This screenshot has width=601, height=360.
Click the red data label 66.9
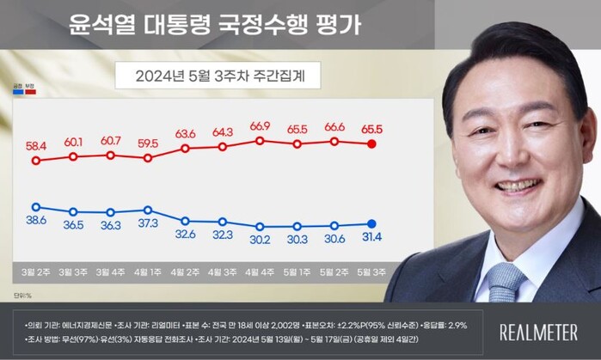[x=260, y=126]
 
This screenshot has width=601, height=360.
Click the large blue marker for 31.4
[x=371, y=224]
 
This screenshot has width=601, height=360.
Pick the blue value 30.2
[x=260, y=240]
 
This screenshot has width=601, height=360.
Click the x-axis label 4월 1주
[x=148, y=274]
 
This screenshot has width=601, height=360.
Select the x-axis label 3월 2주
[x=35, y=274]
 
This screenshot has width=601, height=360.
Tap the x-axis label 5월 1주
[x=297, y=274]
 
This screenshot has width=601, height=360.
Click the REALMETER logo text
[x=539, y=332]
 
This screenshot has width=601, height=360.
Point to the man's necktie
[x=505, y=280]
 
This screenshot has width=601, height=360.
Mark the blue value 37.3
[x=148, y=223]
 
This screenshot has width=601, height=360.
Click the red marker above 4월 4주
[x=260, y=140]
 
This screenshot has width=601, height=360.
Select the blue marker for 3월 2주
[x=35, y=206]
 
